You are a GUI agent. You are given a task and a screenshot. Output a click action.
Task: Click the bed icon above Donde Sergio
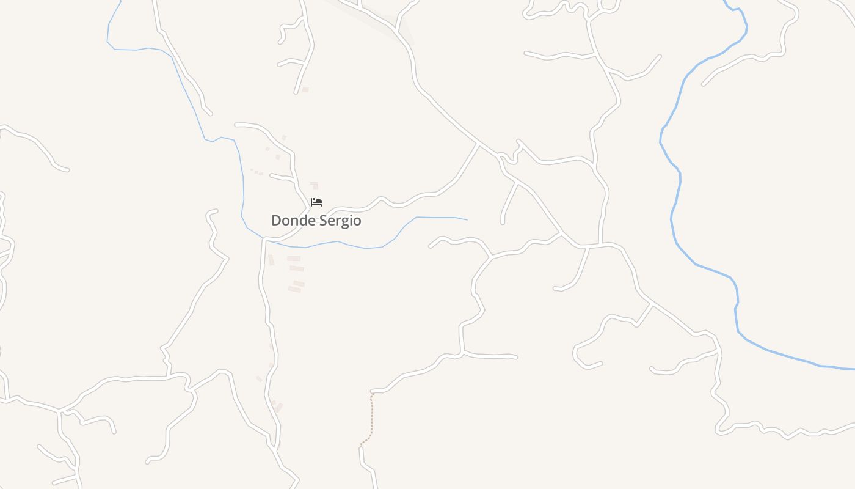pos(316,202)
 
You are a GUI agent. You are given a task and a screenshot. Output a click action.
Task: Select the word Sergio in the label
pos(340,221)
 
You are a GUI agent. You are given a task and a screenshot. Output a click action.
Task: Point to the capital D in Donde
pos(275,221)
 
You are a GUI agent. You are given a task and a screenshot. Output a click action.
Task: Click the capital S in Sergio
pos(323,221)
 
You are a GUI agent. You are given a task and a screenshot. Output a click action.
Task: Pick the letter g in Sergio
pos(344,222)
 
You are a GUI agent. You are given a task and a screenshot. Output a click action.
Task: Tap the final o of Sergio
pos(357,221)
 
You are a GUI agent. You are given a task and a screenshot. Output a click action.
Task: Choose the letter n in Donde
pos(294,221)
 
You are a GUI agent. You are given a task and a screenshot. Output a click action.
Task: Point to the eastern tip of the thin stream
pos(467,219)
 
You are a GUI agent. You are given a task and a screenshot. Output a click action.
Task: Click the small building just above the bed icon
pos(314,185)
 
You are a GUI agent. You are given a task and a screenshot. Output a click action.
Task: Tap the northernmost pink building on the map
pos(305,89)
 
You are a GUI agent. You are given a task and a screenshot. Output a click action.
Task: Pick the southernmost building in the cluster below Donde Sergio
pos(295,290)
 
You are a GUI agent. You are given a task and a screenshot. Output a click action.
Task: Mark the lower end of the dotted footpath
pos(361,447)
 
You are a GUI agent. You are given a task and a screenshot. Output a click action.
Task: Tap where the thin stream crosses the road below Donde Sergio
pos(266,239)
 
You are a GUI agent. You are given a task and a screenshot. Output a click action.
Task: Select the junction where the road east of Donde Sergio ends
pos(478,144)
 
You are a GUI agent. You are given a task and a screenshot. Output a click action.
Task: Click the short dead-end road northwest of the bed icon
pos(281,177)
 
